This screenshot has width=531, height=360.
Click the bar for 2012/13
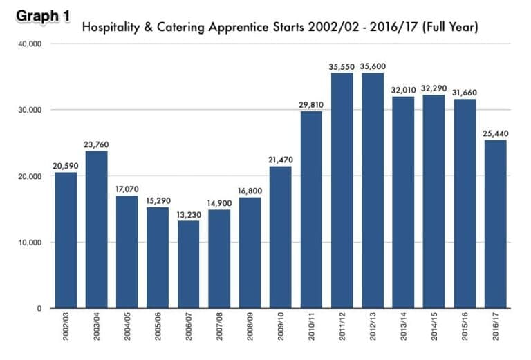coord(373,190)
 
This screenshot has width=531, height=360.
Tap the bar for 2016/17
coord(496,224)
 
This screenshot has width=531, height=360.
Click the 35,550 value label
coord(342,66)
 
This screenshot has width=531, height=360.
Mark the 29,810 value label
coord(312,104)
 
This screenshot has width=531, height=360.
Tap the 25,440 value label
coord(496,133)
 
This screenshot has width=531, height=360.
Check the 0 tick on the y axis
coord(40,309)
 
